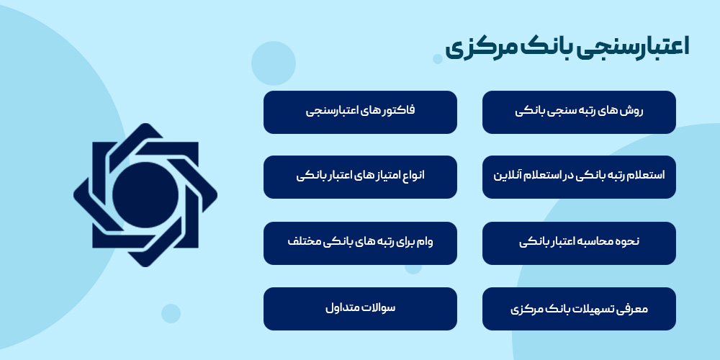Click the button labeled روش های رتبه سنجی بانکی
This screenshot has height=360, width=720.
click(579, 112)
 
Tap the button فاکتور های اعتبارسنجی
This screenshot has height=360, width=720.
click(360, 112)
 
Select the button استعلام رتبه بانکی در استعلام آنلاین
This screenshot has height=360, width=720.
click(579, 176)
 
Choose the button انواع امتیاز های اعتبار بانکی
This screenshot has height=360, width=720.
click(360, 176)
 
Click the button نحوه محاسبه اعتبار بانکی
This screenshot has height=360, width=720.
click(579, 243)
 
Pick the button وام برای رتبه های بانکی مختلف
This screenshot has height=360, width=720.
click(360, 243)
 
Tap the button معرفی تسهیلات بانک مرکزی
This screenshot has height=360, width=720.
click(579, 309)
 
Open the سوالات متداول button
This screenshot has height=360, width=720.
click(360, 309)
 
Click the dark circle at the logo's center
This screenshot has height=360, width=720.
click(145, 193)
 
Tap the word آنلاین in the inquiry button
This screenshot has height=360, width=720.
click(510, 176)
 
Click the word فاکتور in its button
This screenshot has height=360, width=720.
click(398, 112)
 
